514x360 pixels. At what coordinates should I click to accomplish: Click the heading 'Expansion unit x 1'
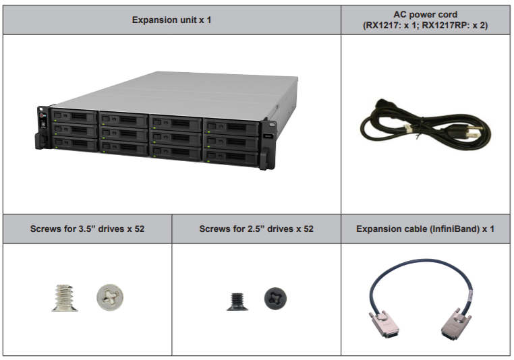click(171, 20)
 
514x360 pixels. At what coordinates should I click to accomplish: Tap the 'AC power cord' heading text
click(426, 13)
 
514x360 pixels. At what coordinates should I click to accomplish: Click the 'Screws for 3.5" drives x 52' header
click(87, 229)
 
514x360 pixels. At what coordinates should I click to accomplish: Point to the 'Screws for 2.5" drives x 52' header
click(256, 229)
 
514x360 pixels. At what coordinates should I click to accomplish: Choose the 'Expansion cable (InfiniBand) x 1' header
click(426, 229)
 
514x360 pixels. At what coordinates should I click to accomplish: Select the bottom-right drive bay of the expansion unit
click(231, 157)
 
